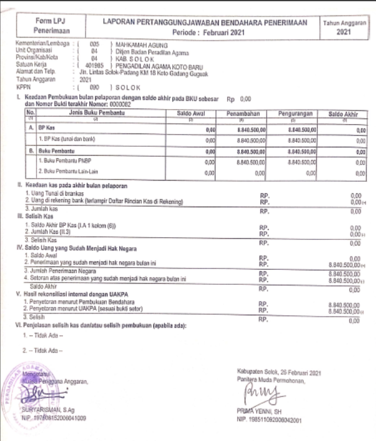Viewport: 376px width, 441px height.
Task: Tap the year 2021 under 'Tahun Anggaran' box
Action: tap(344, 33)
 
